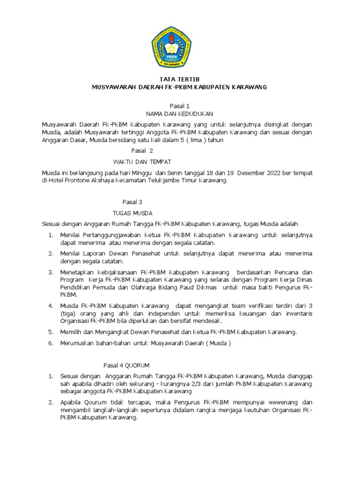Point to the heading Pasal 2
click(142, 150)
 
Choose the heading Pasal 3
click(132, 202)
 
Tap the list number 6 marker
click(50, 343)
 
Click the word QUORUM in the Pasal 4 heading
click(140, 365)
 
